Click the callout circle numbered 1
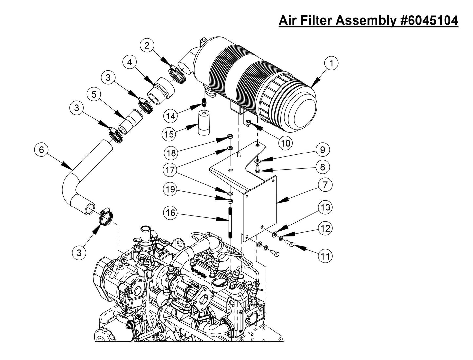(x=331, y=63)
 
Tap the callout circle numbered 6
(x=41, y=150)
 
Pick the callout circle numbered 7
(x=325, y=185)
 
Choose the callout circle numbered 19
(x=171, y=189)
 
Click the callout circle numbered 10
(x=285, y=143)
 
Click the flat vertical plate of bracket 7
(x=260, y=208)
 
